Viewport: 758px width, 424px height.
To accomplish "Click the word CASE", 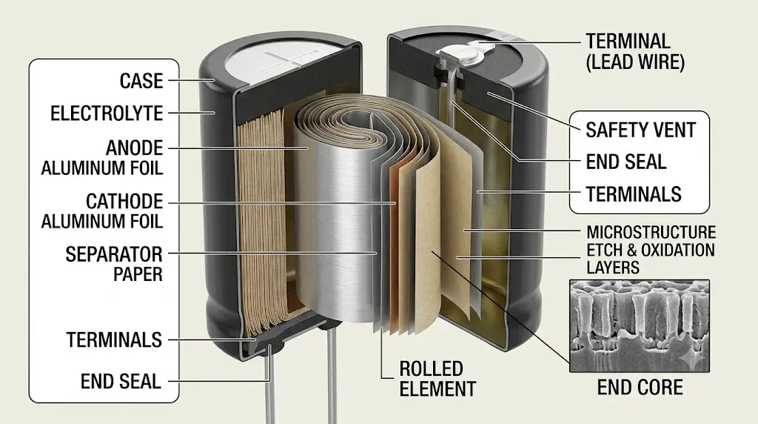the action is pyautogui.click(x=141, y=81).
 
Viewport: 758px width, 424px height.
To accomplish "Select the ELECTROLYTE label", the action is pyautogui.click(x=107, y=113).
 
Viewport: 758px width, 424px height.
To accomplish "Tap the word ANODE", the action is pyautogui.click(x=135, y=148).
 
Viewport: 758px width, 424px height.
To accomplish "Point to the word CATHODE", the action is pyautogui.click(x=124, y=201).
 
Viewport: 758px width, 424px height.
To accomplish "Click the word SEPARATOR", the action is pyautogui.click(x=114, y=254).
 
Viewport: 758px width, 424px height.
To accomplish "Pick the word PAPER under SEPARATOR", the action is pyautogui.click(x=138, y=274).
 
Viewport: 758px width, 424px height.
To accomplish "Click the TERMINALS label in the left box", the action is pyautogui.click(x=114, y=339).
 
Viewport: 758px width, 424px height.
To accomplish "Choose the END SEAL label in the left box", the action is pyautogui.click(x=121, y=382).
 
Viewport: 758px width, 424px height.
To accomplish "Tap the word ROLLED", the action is pyautogui.click(x=432, y=369).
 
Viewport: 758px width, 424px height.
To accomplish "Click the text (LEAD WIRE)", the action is pyautogui.click(x=635, y=62).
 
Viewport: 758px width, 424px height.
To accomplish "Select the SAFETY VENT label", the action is pyautogui.click(x=640, y=130).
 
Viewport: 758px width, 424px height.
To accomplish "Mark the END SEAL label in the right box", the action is pyautogui.click(x=626, y=162).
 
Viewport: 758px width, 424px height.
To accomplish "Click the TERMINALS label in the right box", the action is pyautogui.click(x=634, y=194).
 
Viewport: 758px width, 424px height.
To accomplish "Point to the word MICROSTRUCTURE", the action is pyautogui.click(x=651, y=232).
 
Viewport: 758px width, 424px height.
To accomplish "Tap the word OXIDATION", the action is pyautogui.click(x=678, y=251).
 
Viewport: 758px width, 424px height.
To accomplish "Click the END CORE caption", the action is pyautogui.click(x=640, y=387).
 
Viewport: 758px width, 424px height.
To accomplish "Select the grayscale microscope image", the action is pyautogui.click(x=640, y=325).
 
